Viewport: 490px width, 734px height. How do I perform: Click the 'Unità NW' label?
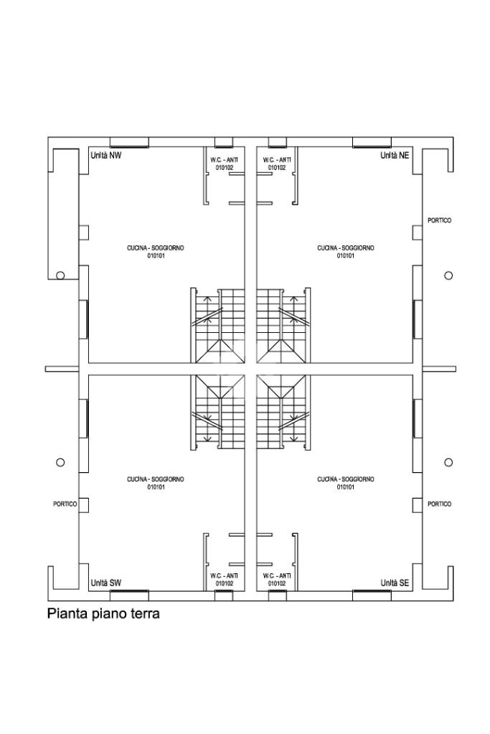(105, 156)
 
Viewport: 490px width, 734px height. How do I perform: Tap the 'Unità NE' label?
(395, 156)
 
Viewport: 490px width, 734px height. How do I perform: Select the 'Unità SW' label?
(105, 583)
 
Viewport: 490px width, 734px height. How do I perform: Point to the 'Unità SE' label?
(395, 583)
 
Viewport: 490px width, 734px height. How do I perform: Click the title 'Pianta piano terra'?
(103, 613)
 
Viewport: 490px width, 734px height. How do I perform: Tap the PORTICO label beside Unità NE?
(440, 220)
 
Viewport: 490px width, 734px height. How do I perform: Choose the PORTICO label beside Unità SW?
(65, 504)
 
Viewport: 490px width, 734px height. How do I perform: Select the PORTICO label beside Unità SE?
(440, 504)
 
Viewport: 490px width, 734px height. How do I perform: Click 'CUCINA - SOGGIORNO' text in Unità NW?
(156, 248)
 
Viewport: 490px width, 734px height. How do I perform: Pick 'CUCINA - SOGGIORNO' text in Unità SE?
(345, 479)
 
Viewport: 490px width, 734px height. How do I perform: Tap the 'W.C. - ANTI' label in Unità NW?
(224, 159)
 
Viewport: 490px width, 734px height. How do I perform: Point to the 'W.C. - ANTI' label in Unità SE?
(277, 575)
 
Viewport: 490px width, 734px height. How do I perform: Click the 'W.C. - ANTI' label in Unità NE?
(277, 159)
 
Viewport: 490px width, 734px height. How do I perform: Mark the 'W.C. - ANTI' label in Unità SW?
(224, 575)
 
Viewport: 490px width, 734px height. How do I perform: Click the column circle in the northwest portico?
(60, 276)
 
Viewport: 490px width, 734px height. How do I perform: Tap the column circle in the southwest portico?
(60, 463)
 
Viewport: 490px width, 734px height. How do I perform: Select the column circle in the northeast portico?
(448, 276)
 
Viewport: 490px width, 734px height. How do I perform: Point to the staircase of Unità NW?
(218, 325)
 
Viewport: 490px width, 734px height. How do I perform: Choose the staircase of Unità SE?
(283, 413)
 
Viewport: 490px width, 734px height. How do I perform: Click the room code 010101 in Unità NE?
(345, 256)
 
